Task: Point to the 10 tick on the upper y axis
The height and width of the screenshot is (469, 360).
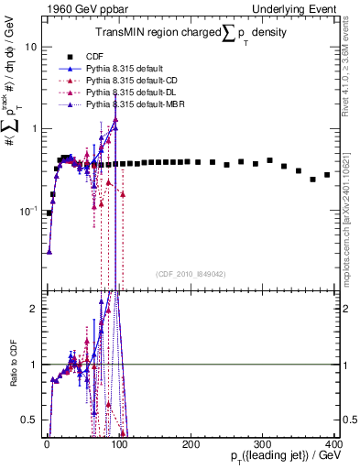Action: (x=29, y=46)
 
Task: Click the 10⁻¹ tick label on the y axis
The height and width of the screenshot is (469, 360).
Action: (x=27, y=211)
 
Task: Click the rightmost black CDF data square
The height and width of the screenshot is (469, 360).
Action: (x=327, y=175)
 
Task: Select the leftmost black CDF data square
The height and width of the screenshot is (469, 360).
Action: (x=49, y=213)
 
